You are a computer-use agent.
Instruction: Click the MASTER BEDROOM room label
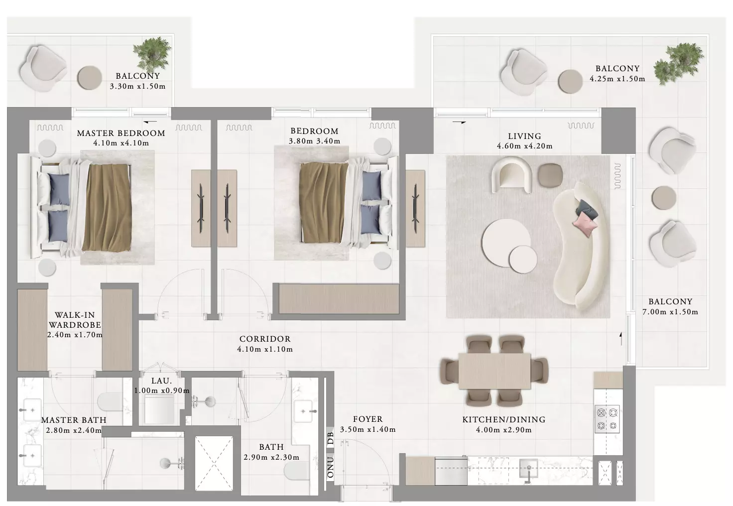[121, 133]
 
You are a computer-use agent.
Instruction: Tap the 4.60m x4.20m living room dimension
[524, 146]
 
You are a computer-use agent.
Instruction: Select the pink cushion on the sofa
[584, 224]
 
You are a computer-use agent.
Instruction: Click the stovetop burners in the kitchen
[607, 419]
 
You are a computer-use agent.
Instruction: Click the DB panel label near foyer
[330, 438]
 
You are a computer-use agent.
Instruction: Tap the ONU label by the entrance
[330, 467]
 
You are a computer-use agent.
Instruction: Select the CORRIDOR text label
[265, 339]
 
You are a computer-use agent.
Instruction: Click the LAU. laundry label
[161, 380]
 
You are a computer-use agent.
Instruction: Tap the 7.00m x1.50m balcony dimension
[670, 312]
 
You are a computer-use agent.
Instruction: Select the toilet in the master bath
[110, 401]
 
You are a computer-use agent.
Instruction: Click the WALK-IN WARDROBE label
[75, 320]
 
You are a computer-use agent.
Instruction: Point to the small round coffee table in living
[523, 259]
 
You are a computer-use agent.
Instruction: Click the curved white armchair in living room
[511, 175]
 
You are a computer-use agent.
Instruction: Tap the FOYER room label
[367, 419]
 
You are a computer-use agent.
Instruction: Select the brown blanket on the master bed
[107, 208]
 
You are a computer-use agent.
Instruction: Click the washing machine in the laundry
[159, 409]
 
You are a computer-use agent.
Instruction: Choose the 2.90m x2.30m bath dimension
[271, 457]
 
